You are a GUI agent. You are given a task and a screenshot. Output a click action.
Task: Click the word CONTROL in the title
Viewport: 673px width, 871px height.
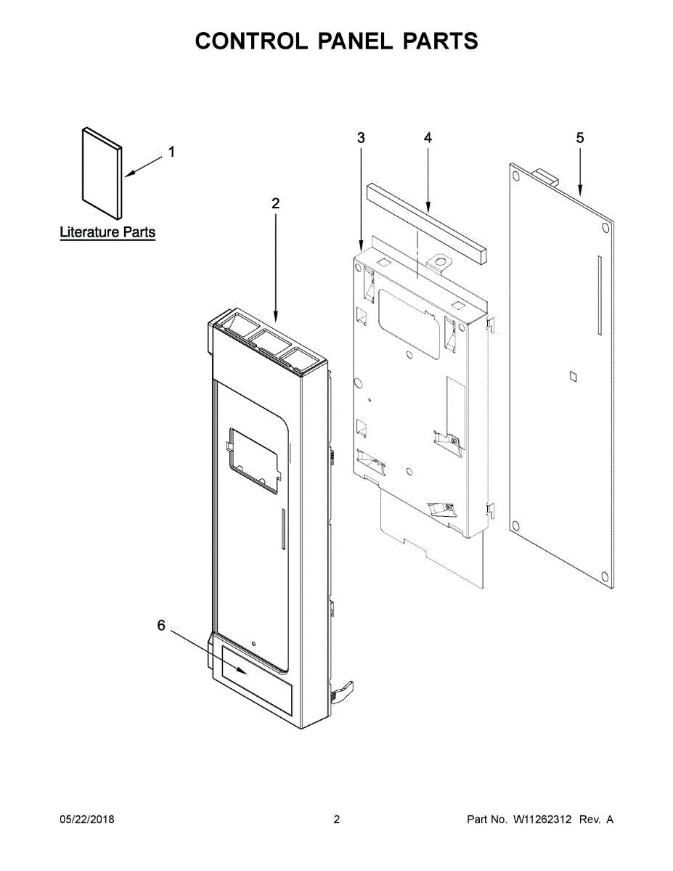(251, 41)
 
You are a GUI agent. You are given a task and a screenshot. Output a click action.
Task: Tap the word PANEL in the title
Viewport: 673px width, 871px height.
(356, 41)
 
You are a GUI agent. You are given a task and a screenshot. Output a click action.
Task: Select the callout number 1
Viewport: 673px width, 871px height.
(171, 152)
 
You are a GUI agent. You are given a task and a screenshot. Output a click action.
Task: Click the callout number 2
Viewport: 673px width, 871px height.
(275, 204)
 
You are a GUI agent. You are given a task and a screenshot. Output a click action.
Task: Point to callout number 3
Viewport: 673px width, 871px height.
(361, 138)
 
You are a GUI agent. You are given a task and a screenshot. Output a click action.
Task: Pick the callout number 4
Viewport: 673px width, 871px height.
(428, 138)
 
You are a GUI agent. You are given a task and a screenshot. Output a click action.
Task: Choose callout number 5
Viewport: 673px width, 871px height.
(580, 138)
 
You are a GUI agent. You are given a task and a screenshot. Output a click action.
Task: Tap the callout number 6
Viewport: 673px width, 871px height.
(161, 625)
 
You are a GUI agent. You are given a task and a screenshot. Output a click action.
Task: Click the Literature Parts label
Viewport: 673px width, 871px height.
(107, 232)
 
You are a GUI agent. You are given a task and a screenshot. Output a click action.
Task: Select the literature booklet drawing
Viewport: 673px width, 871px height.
(102, 173)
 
